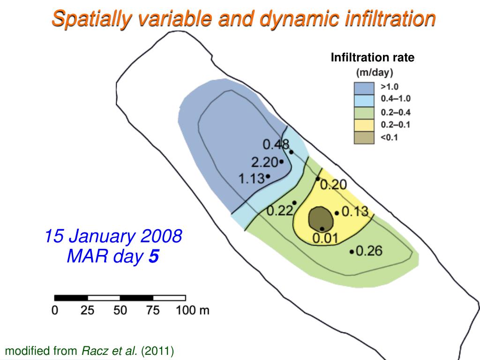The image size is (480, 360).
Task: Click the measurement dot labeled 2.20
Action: tap(281, 162)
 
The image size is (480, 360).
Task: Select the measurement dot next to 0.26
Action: tap(352, 252)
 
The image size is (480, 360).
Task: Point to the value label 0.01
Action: tap(325, 239)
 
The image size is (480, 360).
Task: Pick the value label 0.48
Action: tap(276, 144)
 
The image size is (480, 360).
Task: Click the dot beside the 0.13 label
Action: tap(337, 213)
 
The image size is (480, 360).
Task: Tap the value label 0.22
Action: tap(280, 211)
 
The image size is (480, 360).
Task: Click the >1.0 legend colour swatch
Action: tap(364, 88)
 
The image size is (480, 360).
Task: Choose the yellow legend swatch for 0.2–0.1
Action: tap(364, 125)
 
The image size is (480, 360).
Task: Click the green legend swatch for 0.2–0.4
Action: tap(364, 112)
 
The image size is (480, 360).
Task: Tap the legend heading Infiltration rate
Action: tap(373, 58)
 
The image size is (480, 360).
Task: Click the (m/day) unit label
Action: tap(375, 73)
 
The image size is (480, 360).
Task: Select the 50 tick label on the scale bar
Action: tap(120, 310)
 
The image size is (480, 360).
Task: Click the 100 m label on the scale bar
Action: tap(193, 310)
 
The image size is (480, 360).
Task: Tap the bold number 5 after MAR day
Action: tap(154, 256)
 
